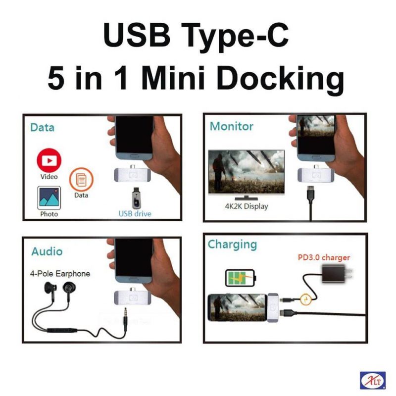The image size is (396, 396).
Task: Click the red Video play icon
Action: pyautogui.click(x=49, y=160)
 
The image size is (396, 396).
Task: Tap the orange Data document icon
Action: pyautogui.click(x=81, y=180)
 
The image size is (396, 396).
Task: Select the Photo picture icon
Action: pyautogui.click(x=49, y=198)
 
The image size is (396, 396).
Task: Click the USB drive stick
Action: pyautogui.click(x=136, y=198)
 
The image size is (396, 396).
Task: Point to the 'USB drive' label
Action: pyautogui.click(x=135, y=214)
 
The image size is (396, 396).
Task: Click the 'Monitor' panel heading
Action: pyautogui.click(x=232, y=126)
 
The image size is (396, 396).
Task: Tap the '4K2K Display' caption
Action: pyautogui.click(x=247, y=206)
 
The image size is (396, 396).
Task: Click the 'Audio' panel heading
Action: pyautogui.click(x=47, y=251)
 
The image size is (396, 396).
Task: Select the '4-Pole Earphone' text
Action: pyautogui.click(x=60, y=274)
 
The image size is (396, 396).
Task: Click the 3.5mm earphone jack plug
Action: pyautogui.click(x=125, y=319)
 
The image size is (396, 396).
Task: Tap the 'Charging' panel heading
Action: pyautogui.click(x=232, y=245)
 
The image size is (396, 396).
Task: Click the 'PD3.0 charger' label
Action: pyautogui.click(x=324, y=257)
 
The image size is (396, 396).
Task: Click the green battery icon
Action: pyautogui.click(x=241, y=278)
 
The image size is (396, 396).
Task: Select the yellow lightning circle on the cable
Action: pyautogui.click(x=305, y=300)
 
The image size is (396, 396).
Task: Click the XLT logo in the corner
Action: pyautogui.click(x=373, y=380)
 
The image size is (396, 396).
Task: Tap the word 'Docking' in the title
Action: pyautogui.click(x=280, y=79)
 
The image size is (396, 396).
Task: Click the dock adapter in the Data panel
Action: pyautogui.click(x=133, y=174)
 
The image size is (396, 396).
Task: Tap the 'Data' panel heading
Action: pyautogui.click(x=43, y=127)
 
